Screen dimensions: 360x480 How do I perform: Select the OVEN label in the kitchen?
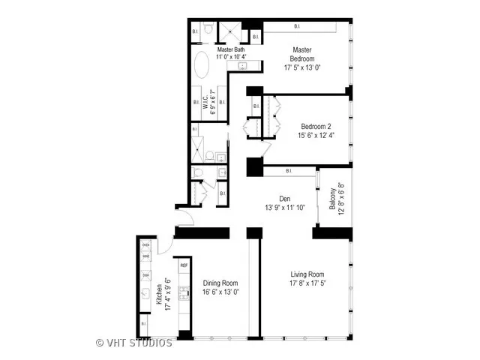[146, 245]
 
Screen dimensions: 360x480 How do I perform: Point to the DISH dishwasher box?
[146, 274]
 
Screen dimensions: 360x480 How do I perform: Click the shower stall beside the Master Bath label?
[228, 32]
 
